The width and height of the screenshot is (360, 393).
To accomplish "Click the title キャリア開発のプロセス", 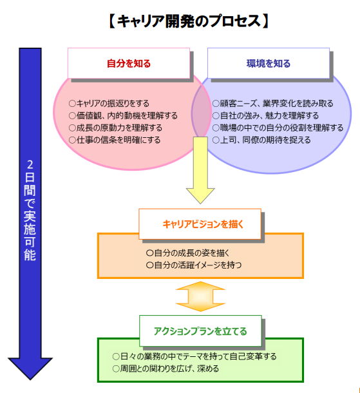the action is pyautogui.click(x=189, y=21).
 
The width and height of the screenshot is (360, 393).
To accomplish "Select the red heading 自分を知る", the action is pyautogui.click(x=129, y=63).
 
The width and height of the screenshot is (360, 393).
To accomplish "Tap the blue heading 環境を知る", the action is pyautogui.click(x=269, y=63).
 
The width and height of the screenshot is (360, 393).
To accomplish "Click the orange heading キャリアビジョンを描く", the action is pyautogui.click(x=203, y=224).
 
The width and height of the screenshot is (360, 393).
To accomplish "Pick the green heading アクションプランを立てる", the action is pyautogui.click(x=200, y=331).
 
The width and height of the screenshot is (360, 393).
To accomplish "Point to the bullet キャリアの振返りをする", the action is pyautogui.click(x=109, y=103).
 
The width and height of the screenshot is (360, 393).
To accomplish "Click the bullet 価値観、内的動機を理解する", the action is pyautogui.click(x=123, y=115).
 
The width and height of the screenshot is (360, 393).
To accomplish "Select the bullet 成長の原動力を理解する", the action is pyautogui.click(x=115, y=128).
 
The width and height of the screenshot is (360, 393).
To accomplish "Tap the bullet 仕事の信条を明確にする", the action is pyautogui.click(x=115, y=140).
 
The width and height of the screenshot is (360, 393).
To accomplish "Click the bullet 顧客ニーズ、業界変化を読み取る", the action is pyautogui.click(x=273, y=103).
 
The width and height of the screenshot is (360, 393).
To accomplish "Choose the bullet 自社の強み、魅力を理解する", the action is pyautogui.click(x=265, y=115).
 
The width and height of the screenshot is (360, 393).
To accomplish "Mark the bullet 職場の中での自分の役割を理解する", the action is pyautogui.click(x=278, y=128).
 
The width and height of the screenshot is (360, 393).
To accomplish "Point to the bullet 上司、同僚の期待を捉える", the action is pyautogui.click(x=261, y=140).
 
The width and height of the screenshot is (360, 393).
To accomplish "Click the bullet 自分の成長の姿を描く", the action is pyautogui.click(x=187, y=253).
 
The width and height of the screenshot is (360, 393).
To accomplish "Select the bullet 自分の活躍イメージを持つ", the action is pyautogui.click(x=194, y=265).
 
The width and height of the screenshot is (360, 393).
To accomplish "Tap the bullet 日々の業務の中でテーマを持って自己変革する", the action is pyautogui.click(x=194, y=356).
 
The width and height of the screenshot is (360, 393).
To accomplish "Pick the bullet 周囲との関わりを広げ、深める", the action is pyautogui.click(x=166, y=369).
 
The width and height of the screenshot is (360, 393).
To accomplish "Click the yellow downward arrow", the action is pyautogui.click(x=200, y=170).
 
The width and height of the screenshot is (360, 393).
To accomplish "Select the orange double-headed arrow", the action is pyautogui.click(x=200, y=296).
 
